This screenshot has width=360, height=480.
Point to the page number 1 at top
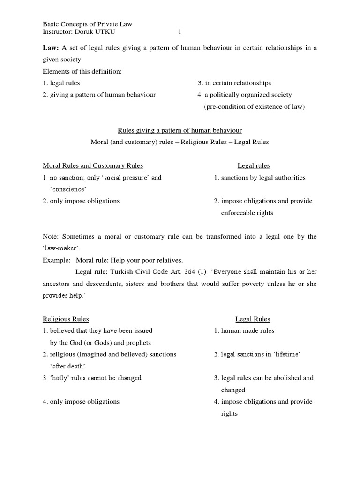(x=179, y=32)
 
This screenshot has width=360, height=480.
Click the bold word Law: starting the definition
(x=51, y=48)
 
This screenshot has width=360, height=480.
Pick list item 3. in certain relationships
(x=234, y=83)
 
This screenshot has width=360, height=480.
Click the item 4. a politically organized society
(x=245, y=95)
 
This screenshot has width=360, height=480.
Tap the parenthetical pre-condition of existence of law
(x=254, y=106)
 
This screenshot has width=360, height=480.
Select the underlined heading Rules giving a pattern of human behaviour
(x=179, y=130)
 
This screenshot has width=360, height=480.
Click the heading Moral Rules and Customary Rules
(x=93, y=165)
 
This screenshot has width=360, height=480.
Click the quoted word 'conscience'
(x=68, y=189)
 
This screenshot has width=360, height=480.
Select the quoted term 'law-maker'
(x=58, y=248)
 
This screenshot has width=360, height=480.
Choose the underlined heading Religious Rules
(x=66, y=319)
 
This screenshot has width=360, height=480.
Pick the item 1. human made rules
(x=244, y=331)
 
